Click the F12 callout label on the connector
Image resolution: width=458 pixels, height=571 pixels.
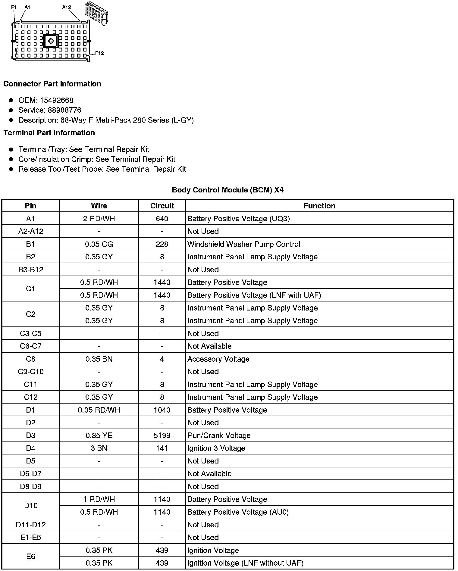point(99,53)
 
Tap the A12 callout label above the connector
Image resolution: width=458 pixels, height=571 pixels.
point(67,7)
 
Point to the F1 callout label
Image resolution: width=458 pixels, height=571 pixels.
point(14,7)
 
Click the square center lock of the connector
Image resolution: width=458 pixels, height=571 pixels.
point(50,41)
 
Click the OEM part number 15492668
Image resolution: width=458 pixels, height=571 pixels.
point(57,100)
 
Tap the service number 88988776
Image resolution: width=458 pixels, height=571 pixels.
point(64,110)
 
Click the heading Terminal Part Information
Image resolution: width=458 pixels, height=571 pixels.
point(49,133)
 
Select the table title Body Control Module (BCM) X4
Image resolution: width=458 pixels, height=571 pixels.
point(227,190)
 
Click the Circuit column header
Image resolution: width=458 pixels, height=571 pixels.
point(162,206)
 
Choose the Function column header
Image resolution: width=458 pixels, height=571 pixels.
point(319,206)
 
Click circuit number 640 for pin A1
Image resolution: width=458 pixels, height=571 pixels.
point(162,219)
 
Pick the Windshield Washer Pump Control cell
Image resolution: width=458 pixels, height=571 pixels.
point(244,244)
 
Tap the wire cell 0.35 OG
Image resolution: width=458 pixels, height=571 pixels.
point(99,244)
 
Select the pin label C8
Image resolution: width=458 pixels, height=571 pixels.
point(30,359)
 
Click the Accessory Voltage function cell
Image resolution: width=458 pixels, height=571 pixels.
point(218,359)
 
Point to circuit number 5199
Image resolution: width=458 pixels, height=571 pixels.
point(162,435)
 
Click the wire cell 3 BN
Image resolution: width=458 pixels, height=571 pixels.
point(99,448)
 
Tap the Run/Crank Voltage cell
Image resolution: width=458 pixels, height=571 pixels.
point(219,435)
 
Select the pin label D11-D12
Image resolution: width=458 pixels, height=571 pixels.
point(30,525)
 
